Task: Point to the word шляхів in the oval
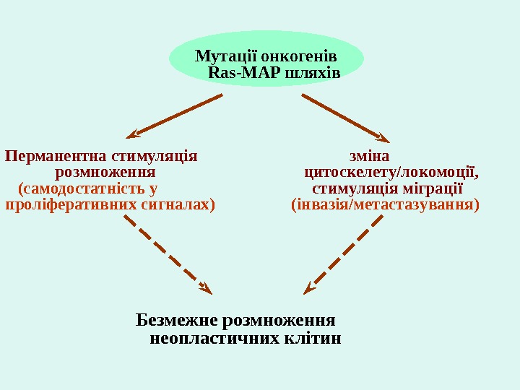pos(313,74)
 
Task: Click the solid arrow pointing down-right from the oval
pos(346,116)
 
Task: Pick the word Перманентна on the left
pos(53,156)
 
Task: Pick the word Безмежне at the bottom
pos(177,320)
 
